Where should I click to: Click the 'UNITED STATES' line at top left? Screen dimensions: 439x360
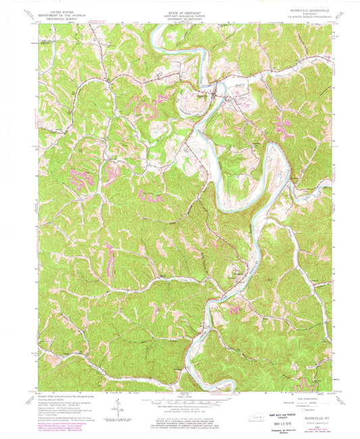point(63,7)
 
